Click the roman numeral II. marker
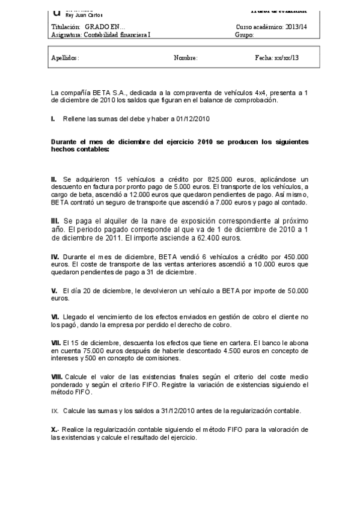[x=54, y=180]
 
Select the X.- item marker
[x=55, y=430]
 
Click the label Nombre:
[x=185, y=58]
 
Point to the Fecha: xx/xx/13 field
[x=277, y=58]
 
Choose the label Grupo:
[x=245, y=35]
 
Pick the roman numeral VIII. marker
[x=56, y=376]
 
